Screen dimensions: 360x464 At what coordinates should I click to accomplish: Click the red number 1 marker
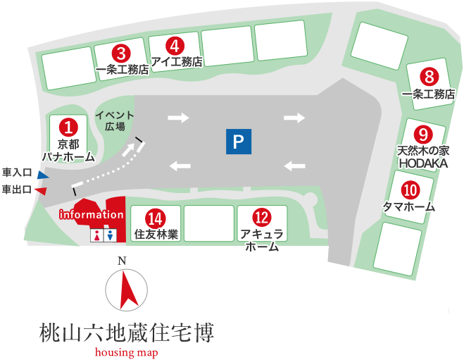[68, 127]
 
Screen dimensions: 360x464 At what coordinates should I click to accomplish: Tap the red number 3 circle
[122, 52]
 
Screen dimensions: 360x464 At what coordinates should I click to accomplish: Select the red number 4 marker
[175, 46]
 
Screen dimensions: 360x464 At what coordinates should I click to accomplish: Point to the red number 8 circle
[428, 76]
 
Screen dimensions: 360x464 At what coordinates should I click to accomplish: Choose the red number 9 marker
[422, 134]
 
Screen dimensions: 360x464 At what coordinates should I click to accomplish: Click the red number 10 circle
[410, 190]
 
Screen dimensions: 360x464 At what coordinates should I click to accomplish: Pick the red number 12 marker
[262, 218]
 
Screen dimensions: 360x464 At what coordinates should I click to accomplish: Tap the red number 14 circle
[154, 218]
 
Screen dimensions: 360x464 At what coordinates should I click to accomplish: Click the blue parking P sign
[239, 142]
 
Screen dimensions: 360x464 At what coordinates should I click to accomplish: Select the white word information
[92, 214]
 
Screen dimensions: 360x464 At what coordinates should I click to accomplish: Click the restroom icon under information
[101, 235]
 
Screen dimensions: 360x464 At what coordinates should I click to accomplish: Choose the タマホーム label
[408, 207]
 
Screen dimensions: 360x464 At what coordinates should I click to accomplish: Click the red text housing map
[127, 352]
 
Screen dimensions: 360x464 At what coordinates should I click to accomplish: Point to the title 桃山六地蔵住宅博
[127, 332]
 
